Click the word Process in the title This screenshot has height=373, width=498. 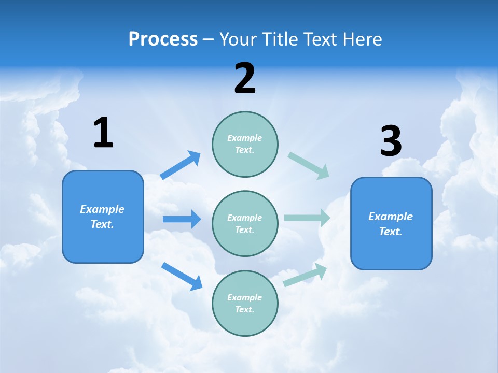(163, 39)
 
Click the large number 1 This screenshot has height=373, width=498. (103, 133)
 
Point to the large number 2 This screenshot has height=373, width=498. (245, 78)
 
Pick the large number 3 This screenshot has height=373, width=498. (391, 141)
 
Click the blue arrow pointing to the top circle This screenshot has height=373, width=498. (181, 165)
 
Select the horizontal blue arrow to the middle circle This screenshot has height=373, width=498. (182, 219)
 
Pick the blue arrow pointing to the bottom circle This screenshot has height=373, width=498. (182, 276)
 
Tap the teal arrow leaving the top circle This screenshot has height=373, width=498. (309, 166)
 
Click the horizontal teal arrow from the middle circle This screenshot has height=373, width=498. (307, 218)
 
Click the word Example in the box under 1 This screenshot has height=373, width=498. (102, 209)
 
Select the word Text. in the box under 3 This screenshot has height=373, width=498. (391, 232)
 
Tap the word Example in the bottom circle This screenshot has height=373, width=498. (245, 297)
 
